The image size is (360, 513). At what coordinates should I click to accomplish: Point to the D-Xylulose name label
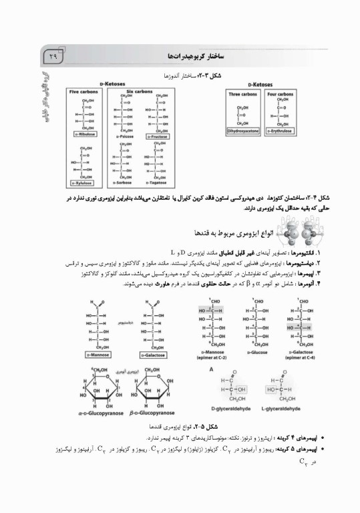[85, 182]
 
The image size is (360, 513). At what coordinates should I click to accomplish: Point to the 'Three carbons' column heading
[243, 95]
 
